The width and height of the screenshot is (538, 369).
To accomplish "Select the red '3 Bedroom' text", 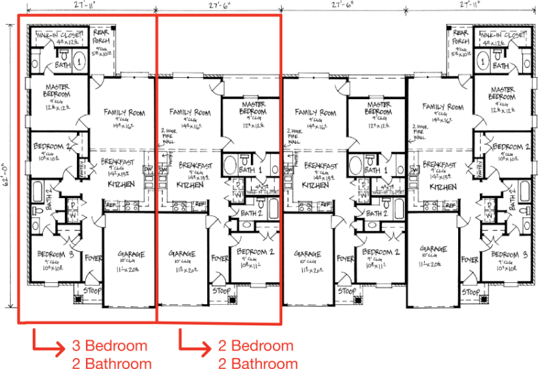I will tap(109, 346).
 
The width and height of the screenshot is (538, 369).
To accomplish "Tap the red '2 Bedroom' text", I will tap(256, 346).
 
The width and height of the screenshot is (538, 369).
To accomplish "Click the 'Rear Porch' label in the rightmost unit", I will tap(460, 38).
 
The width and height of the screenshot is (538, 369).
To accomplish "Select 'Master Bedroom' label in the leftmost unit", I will tap(59, 92).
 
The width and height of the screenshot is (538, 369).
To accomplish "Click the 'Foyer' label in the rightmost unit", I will tap(470, 260).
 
